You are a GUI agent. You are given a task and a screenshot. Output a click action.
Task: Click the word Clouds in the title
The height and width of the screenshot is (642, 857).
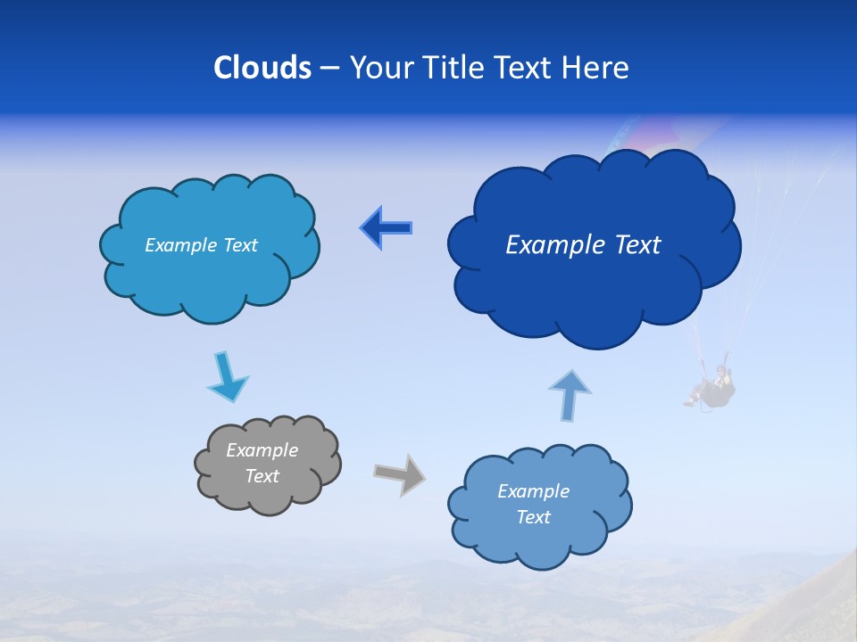point(262,68)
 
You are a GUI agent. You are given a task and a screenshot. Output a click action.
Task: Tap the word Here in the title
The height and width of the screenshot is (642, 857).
point(595,68)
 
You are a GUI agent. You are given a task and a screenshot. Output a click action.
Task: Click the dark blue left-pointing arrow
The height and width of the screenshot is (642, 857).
point(386,228)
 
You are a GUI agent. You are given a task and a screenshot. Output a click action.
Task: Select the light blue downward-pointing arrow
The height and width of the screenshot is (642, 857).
point(227,377)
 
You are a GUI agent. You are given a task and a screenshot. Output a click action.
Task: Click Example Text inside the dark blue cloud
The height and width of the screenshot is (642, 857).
point(583,245)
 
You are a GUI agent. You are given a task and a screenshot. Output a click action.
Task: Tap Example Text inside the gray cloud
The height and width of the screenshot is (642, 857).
point(262,463)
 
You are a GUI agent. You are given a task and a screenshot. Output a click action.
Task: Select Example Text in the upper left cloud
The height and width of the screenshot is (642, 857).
point(201,245)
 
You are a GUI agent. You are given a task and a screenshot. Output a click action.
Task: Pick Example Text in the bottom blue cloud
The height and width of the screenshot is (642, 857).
point(533,504)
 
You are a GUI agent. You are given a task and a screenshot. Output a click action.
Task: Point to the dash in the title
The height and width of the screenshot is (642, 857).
point(329,68)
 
